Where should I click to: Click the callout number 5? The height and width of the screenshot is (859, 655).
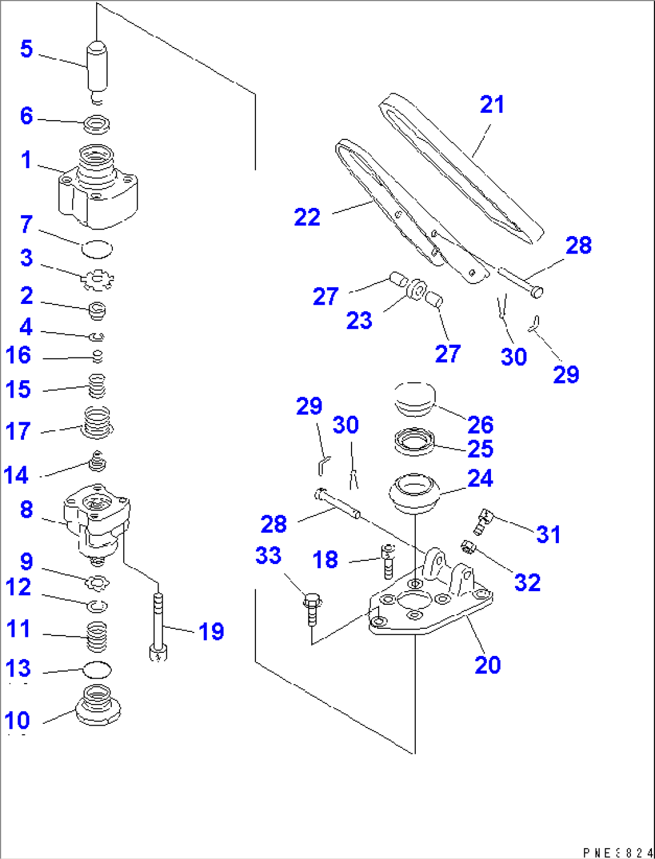[26, 49]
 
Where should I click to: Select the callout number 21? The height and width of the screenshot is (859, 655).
[492, 105]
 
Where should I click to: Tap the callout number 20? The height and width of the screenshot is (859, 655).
[487, 665]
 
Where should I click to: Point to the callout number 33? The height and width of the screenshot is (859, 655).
[268, 556]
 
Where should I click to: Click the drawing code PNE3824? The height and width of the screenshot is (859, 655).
[617, 852]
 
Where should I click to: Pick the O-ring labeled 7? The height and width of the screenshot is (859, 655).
[97, 247]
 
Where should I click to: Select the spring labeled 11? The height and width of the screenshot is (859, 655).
[97, 636]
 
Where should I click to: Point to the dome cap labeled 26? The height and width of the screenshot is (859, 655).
[414, 398]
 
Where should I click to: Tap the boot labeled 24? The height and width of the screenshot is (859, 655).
[415, 494]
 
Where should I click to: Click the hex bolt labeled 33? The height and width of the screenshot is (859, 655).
[312, 608]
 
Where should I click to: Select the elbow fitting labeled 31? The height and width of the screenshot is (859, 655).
[482, 521]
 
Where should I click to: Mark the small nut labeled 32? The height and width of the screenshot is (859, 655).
[468, 547]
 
